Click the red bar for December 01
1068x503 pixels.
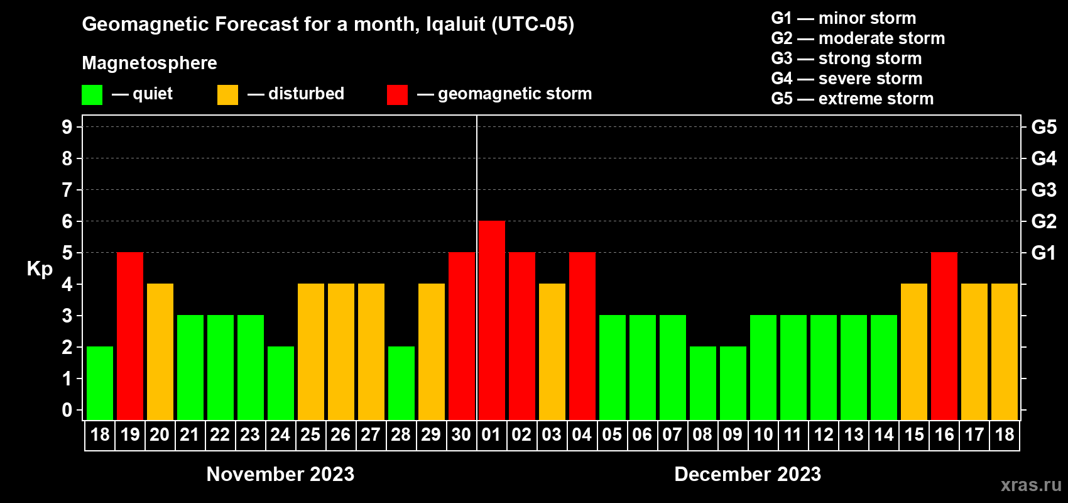[491, 320]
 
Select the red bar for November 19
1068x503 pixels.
[130, 336]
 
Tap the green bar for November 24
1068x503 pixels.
[281, 383]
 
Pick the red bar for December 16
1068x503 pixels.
[944, 336]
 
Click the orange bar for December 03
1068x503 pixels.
[552, 351]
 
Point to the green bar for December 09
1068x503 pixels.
[733, 383]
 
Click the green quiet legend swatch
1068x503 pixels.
[92, 95]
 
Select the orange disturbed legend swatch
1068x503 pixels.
[227, 95]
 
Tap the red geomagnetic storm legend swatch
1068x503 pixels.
[397, 95]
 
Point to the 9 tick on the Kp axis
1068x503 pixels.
[67, 127]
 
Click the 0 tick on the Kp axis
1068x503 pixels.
[67, 410]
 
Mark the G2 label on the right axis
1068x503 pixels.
[1043, 221]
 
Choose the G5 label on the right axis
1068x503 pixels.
[1043, 127]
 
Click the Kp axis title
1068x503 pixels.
[40, 269]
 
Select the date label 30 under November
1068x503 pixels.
[461, 434]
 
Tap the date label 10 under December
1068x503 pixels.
[763, 434]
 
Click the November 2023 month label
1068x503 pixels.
[280, 474]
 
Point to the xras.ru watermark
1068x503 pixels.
[1031, 485]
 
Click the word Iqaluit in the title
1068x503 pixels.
[455, 24]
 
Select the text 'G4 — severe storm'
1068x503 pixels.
[846, 79]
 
